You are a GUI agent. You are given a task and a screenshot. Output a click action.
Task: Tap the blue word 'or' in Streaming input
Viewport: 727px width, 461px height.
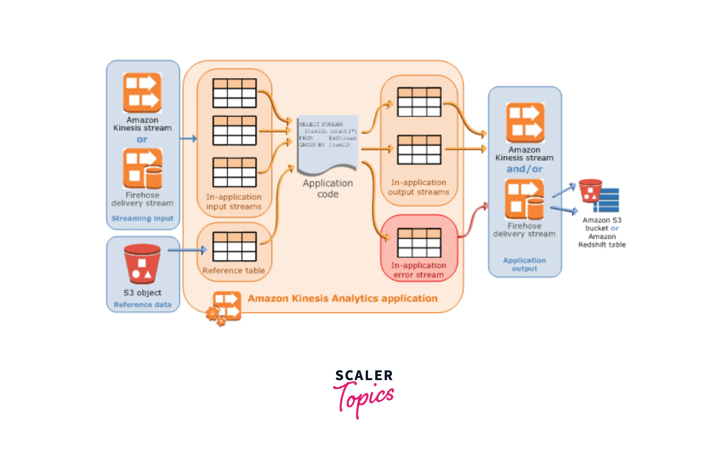[x=142, y=140]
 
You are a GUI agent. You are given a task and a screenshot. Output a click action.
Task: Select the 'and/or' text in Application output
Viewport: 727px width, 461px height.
[x=524, y=169]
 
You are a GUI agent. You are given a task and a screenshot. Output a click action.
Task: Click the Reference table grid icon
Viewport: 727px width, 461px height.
[x=234, y=246]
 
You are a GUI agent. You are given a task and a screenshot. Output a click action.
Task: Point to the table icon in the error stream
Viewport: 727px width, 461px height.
[x=419, y=243]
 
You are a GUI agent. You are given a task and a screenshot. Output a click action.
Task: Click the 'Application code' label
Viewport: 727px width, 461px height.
[x=328, y=188]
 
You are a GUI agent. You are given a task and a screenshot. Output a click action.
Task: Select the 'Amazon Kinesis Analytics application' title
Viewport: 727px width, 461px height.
[x=343, y=298]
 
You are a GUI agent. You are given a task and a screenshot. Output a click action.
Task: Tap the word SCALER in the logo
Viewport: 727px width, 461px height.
[x=364, y=376]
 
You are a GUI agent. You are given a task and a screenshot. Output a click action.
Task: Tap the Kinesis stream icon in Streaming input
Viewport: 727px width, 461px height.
[x=142, y=93]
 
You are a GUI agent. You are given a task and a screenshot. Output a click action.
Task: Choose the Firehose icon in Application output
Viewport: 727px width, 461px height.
[x=524, y=199]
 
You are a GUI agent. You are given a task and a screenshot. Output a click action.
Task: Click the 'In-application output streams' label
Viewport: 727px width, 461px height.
[x=419, y=187]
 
